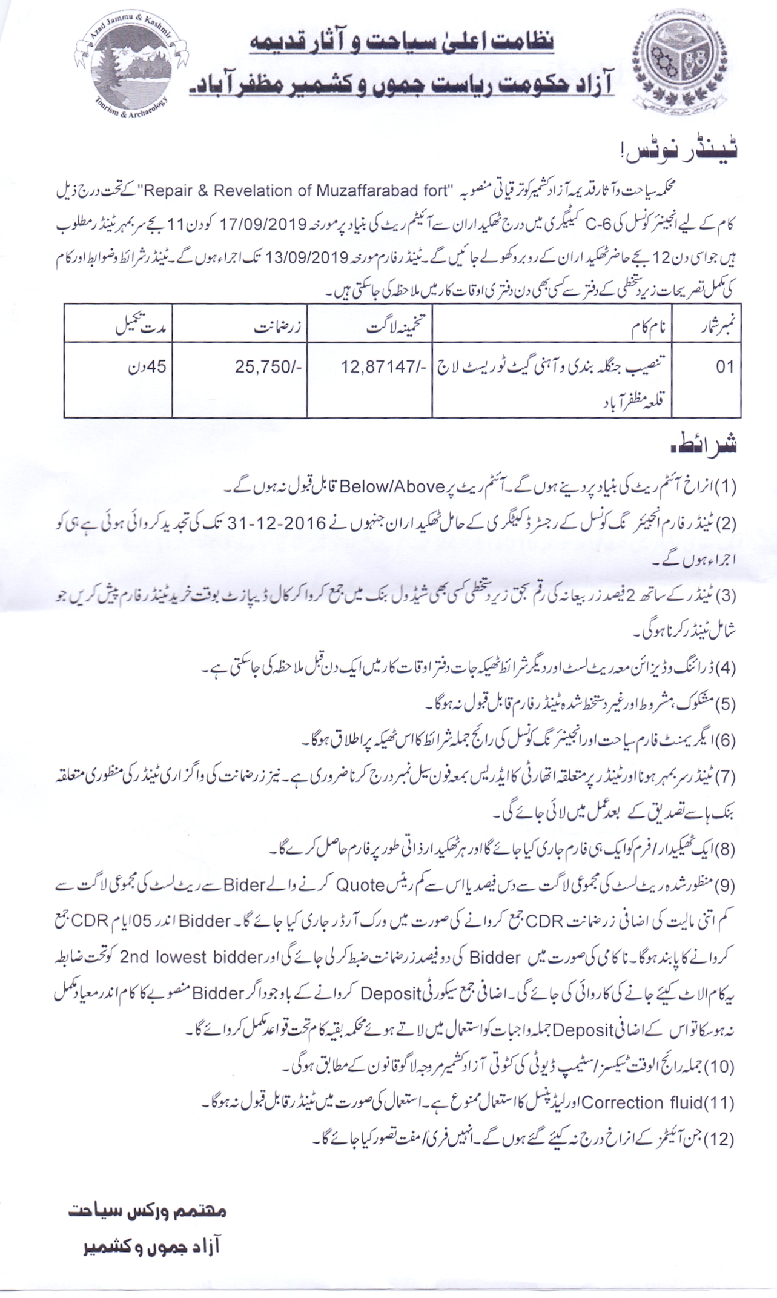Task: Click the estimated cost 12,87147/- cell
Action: pos(384,367)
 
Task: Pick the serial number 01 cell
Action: pos(724,367)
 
